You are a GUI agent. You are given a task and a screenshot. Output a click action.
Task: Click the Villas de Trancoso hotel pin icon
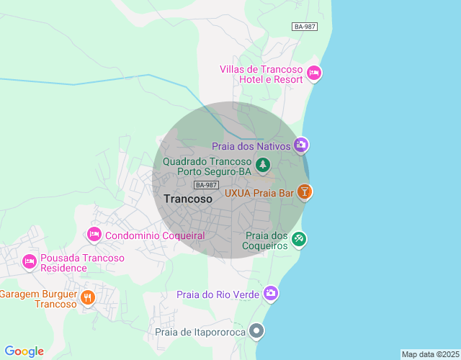314,73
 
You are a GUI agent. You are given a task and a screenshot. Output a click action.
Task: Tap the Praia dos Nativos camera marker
301,145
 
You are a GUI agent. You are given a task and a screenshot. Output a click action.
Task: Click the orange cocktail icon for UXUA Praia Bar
305,192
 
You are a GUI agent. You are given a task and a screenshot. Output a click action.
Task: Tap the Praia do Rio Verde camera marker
271,293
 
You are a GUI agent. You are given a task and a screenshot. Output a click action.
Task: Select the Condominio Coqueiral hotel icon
94,235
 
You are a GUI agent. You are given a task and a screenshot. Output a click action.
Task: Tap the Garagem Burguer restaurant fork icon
88,297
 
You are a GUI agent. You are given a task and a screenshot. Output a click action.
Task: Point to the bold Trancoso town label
188,199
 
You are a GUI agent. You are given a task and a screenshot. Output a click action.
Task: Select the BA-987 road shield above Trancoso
207,185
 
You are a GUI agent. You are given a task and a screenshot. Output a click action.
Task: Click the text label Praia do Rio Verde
218,294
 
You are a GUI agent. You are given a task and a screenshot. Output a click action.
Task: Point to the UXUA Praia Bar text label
259,193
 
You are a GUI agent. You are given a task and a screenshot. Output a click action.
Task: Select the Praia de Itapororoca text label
200,332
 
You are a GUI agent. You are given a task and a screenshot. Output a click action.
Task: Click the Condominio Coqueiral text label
155,235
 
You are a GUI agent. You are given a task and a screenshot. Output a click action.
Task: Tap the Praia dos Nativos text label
251,146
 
